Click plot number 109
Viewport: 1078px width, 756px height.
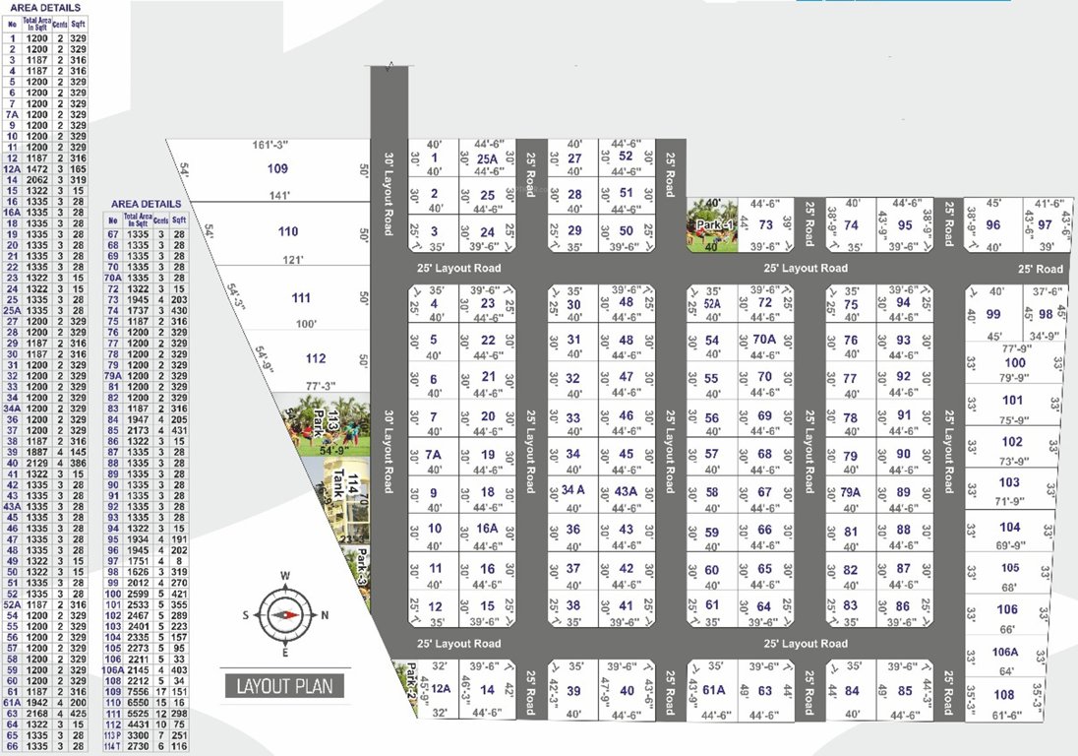click(x=277, y=169)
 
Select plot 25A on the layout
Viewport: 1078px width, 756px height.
click(x=487, y=159)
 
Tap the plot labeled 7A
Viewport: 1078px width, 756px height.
click(x=434, y=455)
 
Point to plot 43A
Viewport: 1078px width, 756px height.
click(x=626, y=491)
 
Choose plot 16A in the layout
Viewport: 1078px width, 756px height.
click(x=487, y=529)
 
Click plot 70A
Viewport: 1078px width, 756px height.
click(x=764, y=341)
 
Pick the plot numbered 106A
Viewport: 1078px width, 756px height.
click(x=1005, y=654)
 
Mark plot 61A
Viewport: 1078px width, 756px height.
click(x=714, y=690)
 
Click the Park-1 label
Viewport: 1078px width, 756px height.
click(x=715, y=225)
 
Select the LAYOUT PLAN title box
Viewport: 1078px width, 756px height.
click(x=284, y=686)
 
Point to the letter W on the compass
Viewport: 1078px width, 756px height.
click(x=285, y=577)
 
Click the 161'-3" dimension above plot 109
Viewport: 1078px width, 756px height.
click(x=273, y=146)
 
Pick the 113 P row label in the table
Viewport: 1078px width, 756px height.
click(x=113, y=734)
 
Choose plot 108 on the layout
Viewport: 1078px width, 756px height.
click(x=1005, y=693)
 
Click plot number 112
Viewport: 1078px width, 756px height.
click(x=315, y=359)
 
